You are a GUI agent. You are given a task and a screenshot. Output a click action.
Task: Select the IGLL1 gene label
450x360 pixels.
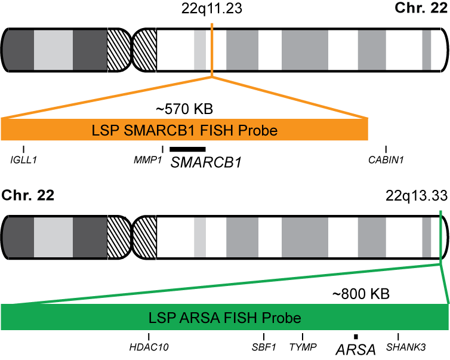pos(23,159)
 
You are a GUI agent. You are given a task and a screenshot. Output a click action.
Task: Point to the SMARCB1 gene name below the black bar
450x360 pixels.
pos(206,162)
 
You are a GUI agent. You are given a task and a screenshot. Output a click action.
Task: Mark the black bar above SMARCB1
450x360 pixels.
pos(187,149)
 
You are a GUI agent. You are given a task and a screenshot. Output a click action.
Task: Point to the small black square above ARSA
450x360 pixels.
pos(356,337)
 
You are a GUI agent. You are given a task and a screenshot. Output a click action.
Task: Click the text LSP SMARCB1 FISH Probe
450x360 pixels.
pos(184,130)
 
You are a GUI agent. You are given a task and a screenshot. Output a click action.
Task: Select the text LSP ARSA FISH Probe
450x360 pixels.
pos(224,317)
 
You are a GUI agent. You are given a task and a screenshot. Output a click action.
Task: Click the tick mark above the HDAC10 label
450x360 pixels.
pos(149,337)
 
